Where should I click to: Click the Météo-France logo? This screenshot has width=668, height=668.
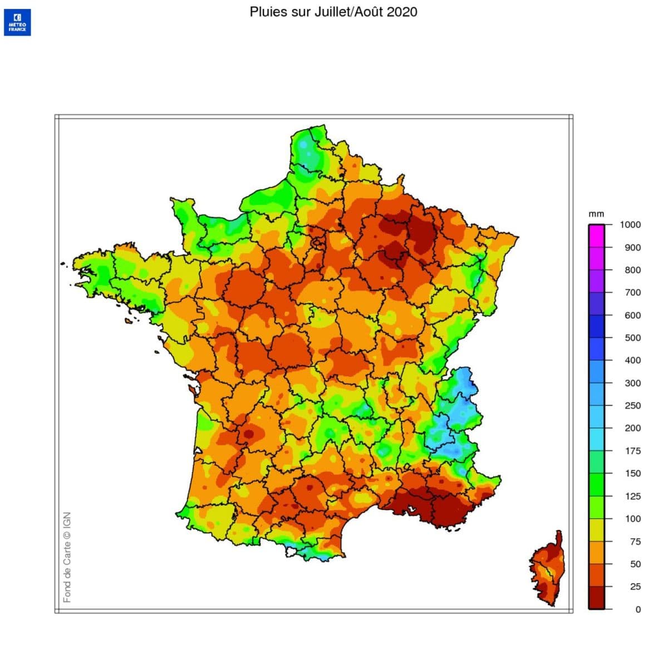click(x=17, y=23)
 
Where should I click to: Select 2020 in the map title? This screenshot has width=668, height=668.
click(x=402, y=12)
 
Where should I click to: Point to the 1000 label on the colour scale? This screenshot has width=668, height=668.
click(x=630, y=225)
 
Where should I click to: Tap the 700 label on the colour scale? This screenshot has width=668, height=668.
click(x=632, y=292)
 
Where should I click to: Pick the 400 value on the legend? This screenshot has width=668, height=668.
click(x=632, y=360)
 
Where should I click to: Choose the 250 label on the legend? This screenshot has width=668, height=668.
click(x=632, y=405)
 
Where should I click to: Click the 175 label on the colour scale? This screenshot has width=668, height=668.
click(x=632, y=451)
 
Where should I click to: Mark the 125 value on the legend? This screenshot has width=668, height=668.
click(x=632, y=496)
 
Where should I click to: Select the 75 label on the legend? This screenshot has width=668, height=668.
click(x=635, y=541)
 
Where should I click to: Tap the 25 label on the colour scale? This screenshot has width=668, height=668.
click(x=635, y=586)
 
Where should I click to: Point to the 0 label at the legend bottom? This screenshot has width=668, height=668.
click(x=638, y=609)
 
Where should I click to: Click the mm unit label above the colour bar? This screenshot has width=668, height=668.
click(x=596, y=214)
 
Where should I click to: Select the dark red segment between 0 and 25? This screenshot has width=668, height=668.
click(x=596, y=598)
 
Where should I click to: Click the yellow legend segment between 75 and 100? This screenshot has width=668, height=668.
click(x=596, y=530)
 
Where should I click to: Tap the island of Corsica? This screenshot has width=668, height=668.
click(x=548, y=571)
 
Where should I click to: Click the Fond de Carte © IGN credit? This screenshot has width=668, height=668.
click(x=67, y=557)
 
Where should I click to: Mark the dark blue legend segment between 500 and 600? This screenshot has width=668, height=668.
click(x=596, y=326)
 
